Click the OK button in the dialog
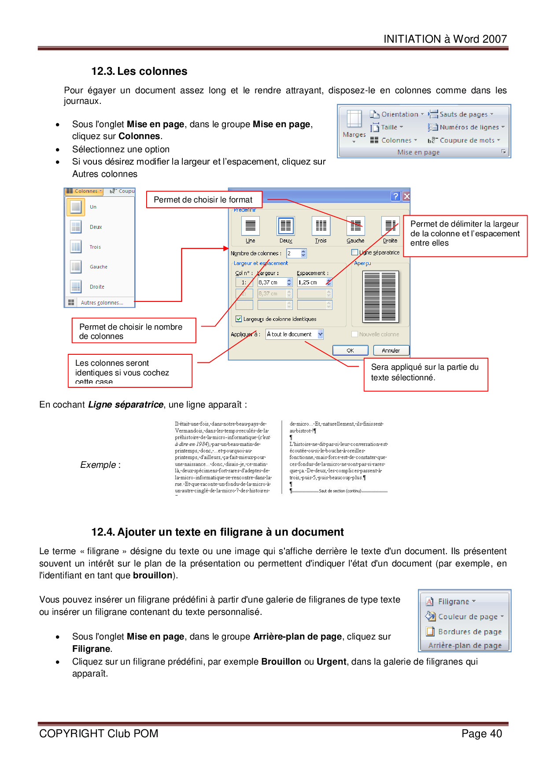click(350, 350)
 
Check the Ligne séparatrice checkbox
click(354, 252)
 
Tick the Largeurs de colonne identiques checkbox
click(239, 319)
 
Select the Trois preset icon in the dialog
click(321, 226)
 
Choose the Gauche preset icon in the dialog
click(355, 226)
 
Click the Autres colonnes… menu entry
click(102, 303)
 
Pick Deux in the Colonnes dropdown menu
click(96, 227)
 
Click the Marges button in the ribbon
click(354, 125)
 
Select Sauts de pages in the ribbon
click(463, 114)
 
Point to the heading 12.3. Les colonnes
click(139, 71)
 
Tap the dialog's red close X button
click(406, 196)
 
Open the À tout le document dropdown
click(320, 335)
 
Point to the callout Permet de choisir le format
click(203, 200)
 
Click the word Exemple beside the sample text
click(98, 465)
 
